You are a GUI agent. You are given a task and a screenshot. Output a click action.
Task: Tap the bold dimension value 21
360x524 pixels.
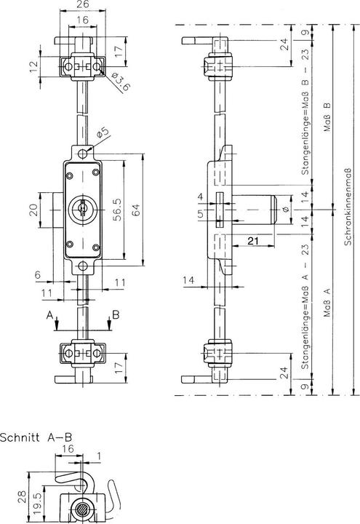click(x=254, y=241)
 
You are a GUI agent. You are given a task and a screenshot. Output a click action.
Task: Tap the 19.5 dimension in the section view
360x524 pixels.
click(x=35, y=501)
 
